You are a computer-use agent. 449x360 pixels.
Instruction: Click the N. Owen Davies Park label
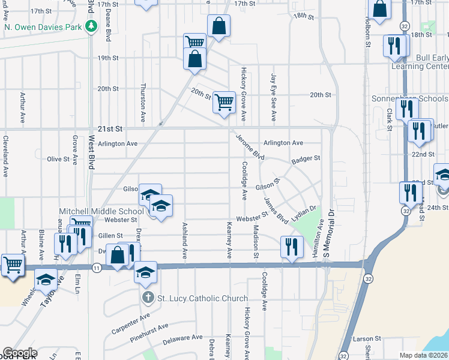42,26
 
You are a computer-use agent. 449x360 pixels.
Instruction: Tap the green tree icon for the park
91,26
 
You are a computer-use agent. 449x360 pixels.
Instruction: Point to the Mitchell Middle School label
101,211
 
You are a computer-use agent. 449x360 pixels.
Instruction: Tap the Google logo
20,353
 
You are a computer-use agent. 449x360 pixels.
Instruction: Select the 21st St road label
109,129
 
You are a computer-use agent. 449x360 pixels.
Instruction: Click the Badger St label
306,159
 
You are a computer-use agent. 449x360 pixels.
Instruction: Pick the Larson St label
367,339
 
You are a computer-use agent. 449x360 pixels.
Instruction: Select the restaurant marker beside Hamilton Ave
291,247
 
